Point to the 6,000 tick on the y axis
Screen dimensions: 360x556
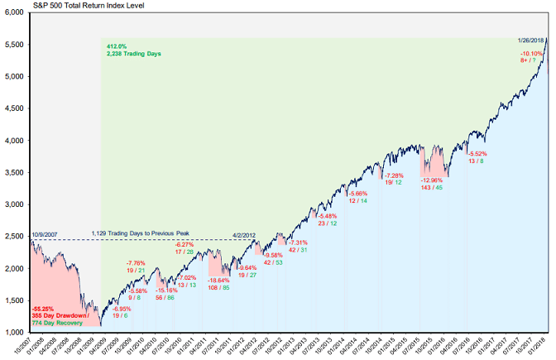[15, 12]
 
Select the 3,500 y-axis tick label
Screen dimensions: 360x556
[15, 172]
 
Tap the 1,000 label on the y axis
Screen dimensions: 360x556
[15, 332]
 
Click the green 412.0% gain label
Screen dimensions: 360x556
[116, 46]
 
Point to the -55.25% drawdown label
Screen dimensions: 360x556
[44, 308]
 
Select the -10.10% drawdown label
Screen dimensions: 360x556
[531, 54]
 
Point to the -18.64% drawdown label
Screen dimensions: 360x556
[218, 257]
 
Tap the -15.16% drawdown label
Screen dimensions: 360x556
[166, 290]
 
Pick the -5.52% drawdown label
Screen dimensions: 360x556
[478, 154]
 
